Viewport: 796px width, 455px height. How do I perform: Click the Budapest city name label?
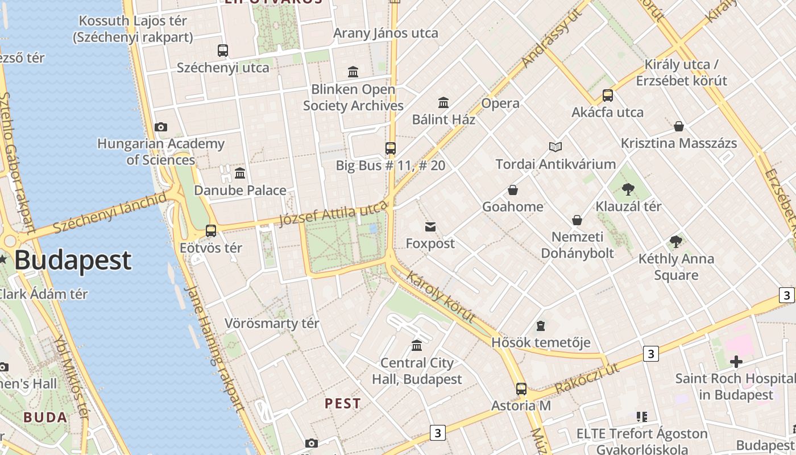73,260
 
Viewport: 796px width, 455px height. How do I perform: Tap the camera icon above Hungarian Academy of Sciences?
161,127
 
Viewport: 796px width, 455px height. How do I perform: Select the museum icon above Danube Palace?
240,173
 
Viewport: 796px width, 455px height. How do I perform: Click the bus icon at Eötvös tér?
211,231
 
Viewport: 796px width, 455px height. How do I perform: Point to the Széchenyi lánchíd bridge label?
110,213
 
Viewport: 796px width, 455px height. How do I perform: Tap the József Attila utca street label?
333,213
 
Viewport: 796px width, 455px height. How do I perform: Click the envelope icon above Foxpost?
430,227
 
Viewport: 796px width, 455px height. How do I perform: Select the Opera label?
500,104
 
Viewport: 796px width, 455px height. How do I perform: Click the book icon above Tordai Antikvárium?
555,147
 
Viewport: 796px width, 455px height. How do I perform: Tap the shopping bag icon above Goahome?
513,190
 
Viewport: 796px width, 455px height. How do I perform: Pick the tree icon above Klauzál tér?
628,189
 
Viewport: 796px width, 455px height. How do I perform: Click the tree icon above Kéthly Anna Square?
676,242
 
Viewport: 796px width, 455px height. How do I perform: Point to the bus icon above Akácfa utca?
608,96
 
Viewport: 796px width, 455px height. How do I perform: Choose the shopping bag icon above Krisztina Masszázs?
678,126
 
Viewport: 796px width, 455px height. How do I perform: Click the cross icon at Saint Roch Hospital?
736,361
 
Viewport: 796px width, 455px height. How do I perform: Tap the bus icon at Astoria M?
521,389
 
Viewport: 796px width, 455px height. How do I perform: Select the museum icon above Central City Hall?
417,346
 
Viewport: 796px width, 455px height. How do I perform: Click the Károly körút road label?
441,296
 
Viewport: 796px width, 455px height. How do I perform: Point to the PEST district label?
343,403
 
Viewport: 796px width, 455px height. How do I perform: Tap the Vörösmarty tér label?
272,324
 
